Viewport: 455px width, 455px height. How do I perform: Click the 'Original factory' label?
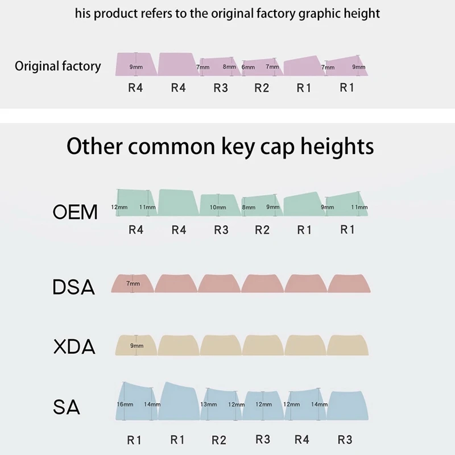click(57, 66)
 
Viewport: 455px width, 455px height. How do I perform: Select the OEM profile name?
click(75, 213)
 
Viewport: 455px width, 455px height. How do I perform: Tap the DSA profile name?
click(73, 287)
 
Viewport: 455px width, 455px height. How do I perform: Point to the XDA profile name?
click(74, 347)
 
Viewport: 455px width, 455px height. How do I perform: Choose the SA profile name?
click(67, 407)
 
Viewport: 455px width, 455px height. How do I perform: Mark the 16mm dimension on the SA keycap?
click(125, 404)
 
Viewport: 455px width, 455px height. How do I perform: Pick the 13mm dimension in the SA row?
click(209, 404)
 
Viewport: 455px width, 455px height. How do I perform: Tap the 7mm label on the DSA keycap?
click(133, 283)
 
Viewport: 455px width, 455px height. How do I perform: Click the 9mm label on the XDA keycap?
click(136, 345)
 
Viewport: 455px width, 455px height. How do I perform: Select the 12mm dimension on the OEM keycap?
click(119, 207)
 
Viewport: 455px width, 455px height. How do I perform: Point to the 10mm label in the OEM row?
click(218, 208)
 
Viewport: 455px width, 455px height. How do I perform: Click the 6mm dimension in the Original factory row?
click(248, 67)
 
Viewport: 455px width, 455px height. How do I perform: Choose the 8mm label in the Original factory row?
click(229, 67)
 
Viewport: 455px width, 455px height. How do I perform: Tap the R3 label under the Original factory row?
click(221, 88)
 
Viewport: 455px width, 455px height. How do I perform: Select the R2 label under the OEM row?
click(262, 230)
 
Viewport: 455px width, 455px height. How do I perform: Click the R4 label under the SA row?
click(302, 440)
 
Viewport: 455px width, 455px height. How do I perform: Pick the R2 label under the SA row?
click(219, 440)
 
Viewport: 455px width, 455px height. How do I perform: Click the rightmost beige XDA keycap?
click(349, 345)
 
